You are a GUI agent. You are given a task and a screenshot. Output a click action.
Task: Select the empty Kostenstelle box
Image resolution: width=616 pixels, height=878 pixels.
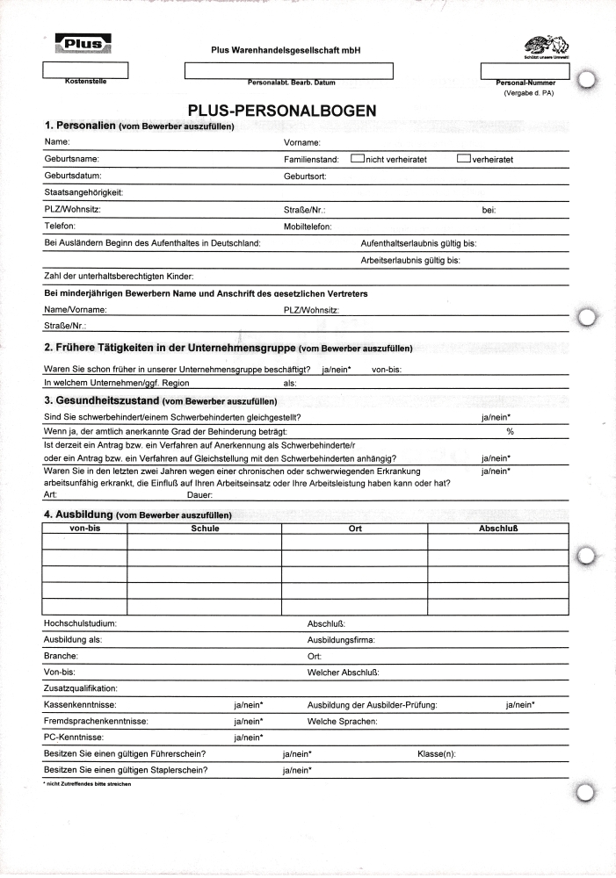(85, 69)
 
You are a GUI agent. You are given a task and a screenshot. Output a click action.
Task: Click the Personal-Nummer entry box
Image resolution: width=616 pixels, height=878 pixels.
(525, 71)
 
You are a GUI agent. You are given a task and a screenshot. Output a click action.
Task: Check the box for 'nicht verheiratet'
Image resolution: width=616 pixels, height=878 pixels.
(358, 159)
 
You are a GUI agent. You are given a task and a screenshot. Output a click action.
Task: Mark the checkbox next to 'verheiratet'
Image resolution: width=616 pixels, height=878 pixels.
(464, 159)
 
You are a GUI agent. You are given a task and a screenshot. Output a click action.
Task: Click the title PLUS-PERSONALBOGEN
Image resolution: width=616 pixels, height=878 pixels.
(282, 111)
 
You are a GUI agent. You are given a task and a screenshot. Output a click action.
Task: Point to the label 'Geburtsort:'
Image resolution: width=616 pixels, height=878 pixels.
(305, 176)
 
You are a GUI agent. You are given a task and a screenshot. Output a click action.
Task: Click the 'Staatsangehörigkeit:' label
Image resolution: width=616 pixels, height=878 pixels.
(83, 193)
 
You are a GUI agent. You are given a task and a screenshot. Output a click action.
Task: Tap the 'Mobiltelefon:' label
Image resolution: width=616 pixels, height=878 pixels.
(308, 227)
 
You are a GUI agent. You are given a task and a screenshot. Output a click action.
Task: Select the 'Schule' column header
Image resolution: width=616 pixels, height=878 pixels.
(205, 529)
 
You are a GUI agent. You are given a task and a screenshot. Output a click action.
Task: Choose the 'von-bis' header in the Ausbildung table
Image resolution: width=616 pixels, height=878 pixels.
(84, 529)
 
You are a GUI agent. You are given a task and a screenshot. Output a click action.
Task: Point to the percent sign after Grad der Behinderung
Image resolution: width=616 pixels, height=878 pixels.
(510, 432)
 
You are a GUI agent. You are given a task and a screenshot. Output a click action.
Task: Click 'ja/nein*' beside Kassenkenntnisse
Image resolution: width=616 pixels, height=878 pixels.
(249, 705)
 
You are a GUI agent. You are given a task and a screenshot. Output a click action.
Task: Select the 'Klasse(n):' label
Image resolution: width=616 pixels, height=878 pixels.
(436, 754)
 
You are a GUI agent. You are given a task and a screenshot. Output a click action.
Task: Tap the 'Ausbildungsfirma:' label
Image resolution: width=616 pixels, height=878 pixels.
(341, 640)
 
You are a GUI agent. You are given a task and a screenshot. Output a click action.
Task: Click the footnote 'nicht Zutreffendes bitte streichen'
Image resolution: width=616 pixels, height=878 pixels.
(87, 784)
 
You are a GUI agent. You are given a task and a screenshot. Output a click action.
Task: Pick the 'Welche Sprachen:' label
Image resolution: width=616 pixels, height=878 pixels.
(343, 722)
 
